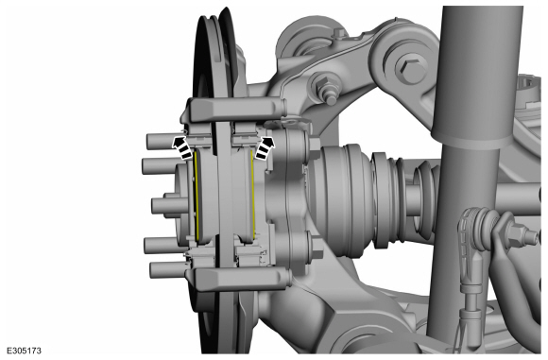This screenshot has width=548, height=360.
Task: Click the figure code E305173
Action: (x=25, y=351)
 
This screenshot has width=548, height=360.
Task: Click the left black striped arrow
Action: (x=182, y=147)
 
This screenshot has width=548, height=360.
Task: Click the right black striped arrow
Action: (x=265, y=147)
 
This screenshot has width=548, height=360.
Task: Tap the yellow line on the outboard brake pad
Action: (x=197, y=196)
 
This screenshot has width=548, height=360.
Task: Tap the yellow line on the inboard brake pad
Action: (x=252, y=195)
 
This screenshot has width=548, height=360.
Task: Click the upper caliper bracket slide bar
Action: (x=237, y=110)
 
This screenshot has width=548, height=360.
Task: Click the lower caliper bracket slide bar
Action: (x=242, y=279)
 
